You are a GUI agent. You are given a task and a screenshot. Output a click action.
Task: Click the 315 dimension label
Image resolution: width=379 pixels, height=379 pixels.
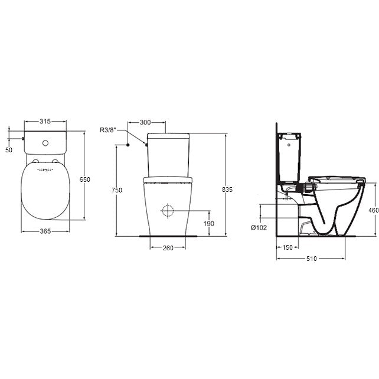point(45,122)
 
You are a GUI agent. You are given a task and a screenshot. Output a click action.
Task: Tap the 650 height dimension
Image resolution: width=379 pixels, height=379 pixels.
point(85,179)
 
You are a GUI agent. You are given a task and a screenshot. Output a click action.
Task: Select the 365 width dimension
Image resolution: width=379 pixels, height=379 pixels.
point(45,231)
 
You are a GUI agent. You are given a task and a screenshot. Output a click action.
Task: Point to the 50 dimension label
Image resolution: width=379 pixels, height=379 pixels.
point(9,150)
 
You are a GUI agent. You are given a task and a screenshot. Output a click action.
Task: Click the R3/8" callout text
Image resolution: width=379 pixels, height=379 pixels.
point(108,130)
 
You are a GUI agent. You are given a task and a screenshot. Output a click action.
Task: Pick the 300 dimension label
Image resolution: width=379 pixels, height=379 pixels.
point(145,123)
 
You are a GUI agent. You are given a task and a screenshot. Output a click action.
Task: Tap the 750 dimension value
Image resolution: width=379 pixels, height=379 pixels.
point(117,190)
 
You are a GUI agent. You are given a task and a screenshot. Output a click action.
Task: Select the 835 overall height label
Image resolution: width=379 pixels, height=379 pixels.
point(227,189)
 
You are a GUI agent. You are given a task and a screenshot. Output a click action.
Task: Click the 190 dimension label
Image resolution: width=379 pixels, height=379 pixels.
point(209,224)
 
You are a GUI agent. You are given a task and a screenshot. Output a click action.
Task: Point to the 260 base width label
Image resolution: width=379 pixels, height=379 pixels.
point(168,248)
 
